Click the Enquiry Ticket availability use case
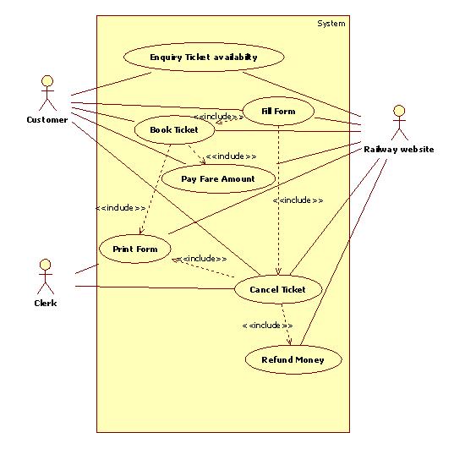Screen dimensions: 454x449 click(x=204, y=57)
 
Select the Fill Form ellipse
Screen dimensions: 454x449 click(x=278, y=111)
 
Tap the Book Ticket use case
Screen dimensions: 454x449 click(x=175, y=129)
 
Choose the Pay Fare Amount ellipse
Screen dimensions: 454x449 click(x=218, y=178)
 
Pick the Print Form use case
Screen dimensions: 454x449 click(x=135, y=249)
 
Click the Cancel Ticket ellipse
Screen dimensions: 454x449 click(x=278, y=289)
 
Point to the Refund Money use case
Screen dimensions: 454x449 click(x=293, y=359)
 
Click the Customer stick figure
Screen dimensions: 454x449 click(x=47, y=93)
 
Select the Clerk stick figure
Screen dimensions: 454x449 click(x=46, y=277)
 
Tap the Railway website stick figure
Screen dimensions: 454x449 click(x=400, y=123)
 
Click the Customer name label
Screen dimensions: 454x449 click(x=47, y=119)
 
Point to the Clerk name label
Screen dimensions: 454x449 click(x=46, y=303)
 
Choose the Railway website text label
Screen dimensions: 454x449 click(x=399, y=150)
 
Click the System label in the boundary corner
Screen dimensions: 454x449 click(x=331, y=24)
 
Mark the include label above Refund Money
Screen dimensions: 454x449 click(x=267, y=326)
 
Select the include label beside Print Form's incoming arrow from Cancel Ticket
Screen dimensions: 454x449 click(x=202, y=259)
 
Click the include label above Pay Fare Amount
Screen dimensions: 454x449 click(x=231, y=156)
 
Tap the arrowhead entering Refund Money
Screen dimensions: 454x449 click(x=289, y=342)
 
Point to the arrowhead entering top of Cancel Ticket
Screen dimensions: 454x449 click(x=278, y=271)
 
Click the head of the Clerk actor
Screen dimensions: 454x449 click(x=46, y=265)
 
